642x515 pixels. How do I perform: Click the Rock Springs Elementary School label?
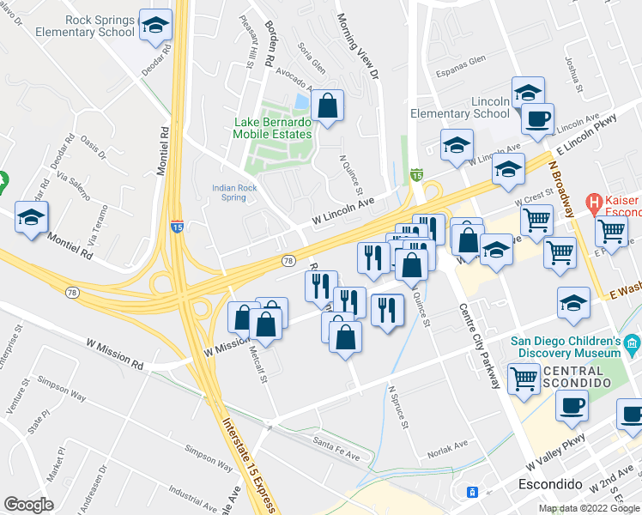(87, 26)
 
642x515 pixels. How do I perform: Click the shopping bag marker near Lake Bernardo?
(327, 107)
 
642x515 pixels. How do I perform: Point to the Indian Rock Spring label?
(229, 192)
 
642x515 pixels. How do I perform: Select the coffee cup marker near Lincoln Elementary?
(537, 120)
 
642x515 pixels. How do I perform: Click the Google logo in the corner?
(27, 505)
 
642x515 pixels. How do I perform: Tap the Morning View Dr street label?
(357, 47)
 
